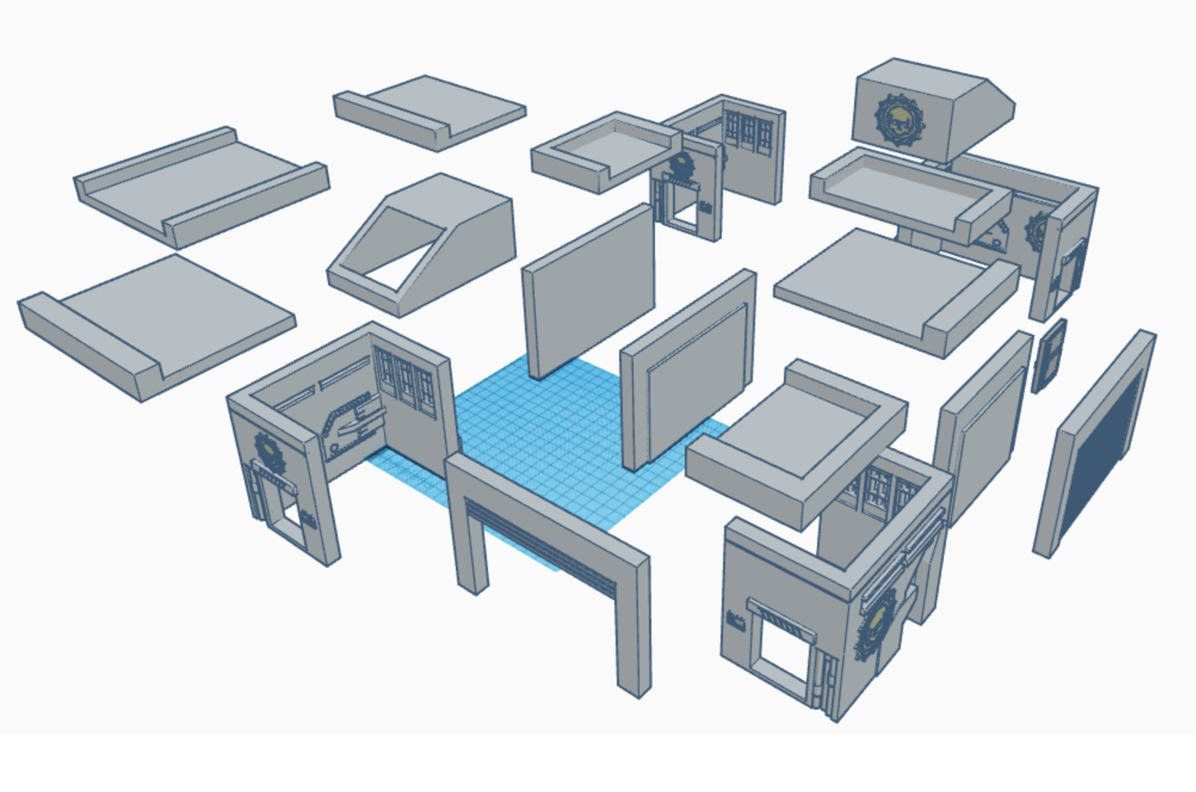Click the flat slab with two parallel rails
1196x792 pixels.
click(x=200, y=185)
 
